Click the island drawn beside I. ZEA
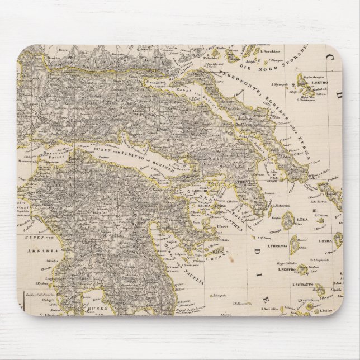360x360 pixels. pyautogui.click(x=288, y=222)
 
